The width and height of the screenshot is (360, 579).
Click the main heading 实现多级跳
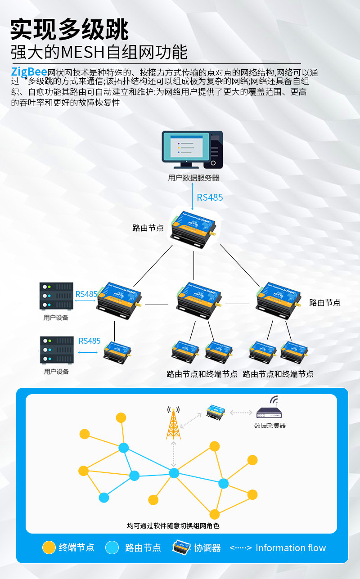(x=70, y=30)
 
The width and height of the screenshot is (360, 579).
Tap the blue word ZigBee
(x=29, y=72)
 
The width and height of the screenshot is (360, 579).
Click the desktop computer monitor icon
(x=186, y=147)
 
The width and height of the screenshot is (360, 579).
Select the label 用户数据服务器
(x=193, y=178)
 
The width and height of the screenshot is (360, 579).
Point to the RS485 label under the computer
(x=210, y=197)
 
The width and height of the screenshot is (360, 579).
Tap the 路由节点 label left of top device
(x=148, y=228)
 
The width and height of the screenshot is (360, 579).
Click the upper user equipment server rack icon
(x=56, y=296)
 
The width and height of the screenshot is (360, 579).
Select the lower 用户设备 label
(x=56, y=372)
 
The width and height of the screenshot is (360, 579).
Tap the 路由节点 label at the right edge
(x=325, y=303)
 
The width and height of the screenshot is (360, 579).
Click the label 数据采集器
(x=270, y=425)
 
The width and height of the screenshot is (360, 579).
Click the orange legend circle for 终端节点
(x=49, y=548)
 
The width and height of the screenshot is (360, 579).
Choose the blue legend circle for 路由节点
(x=112, y=548)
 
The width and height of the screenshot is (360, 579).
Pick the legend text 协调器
(x=207, y=548)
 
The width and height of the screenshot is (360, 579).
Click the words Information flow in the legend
(x=290, y=548)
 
